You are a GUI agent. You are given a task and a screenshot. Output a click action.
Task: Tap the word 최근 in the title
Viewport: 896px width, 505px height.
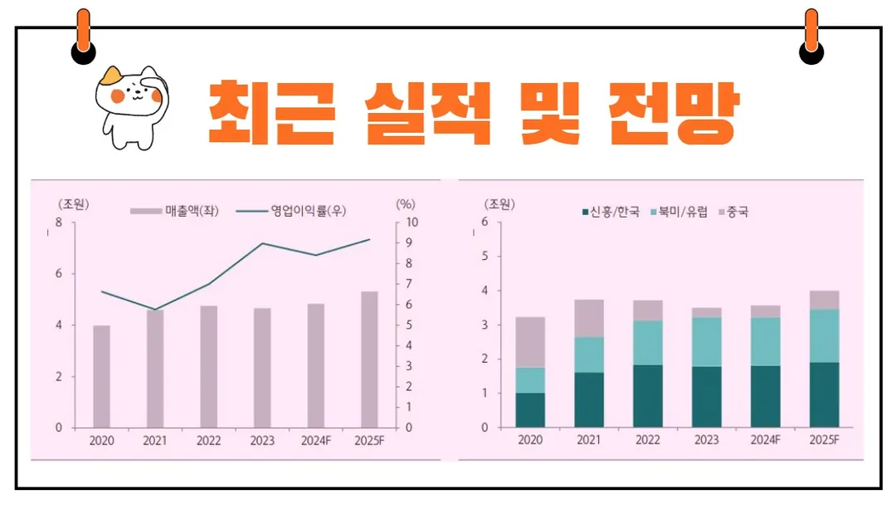270,112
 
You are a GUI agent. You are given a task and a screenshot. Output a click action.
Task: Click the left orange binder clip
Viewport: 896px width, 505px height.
83,37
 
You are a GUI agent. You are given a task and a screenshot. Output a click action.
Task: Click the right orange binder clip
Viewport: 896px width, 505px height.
811,37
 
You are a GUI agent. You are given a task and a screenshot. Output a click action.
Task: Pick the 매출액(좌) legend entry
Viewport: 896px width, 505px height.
171,211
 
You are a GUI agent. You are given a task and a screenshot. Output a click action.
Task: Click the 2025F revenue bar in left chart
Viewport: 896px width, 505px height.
369,359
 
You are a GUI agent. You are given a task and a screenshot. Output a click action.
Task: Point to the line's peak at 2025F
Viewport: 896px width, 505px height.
369,239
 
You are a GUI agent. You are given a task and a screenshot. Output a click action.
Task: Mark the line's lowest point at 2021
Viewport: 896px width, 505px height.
155,310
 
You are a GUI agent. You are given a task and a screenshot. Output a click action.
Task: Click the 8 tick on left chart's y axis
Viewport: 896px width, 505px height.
58,223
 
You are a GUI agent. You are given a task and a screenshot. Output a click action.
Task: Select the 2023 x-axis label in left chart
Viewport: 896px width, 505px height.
262,441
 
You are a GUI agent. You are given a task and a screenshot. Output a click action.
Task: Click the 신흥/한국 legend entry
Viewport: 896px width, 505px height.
611,212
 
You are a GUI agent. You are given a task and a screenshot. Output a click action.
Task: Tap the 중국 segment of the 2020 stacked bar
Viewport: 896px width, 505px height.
530,341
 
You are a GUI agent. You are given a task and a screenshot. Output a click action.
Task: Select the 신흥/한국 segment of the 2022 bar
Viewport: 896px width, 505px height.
648,395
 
